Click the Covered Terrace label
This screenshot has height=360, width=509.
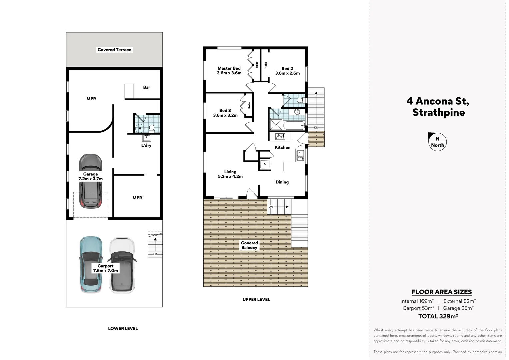coord(114,50)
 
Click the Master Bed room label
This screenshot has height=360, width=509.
coord(229,68)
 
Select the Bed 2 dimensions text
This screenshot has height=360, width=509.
coord(287,73)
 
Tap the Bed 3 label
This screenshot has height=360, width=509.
coord(225,110)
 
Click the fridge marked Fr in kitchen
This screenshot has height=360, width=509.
coord(265,164)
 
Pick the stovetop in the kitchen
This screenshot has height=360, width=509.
coord(280,136)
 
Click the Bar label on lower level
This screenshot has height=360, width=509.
coord(147,87)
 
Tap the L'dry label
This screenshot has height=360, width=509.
coord(146,145)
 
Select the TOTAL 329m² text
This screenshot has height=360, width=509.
coord(438,316)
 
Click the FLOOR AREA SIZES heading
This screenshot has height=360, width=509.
coord(442,292)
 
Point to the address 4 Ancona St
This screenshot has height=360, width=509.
coord(438,101)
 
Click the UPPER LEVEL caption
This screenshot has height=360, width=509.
coord(256,299)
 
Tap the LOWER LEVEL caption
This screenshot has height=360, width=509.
coord(123,328)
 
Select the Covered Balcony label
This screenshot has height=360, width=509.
coord(249,245)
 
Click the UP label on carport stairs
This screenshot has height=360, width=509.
coord(155,254)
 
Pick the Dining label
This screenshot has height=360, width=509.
coord(282,182)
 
